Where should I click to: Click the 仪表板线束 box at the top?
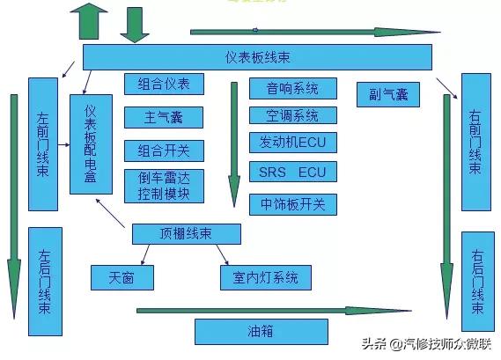[257, 57]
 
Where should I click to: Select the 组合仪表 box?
[164, 84]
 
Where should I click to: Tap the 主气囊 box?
[164, 117]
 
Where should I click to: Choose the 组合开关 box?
[164, 149]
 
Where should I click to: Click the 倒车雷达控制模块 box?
[164, 185]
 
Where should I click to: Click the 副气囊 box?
[387, 93]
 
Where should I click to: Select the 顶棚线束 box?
[186, 234]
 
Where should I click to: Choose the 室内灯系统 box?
[265, 278]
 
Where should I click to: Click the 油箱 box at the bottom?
[260, 332]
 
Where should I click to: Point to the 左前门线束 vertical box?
[42, 144]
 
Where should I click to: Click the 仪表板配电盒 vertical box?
[92, 144]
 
